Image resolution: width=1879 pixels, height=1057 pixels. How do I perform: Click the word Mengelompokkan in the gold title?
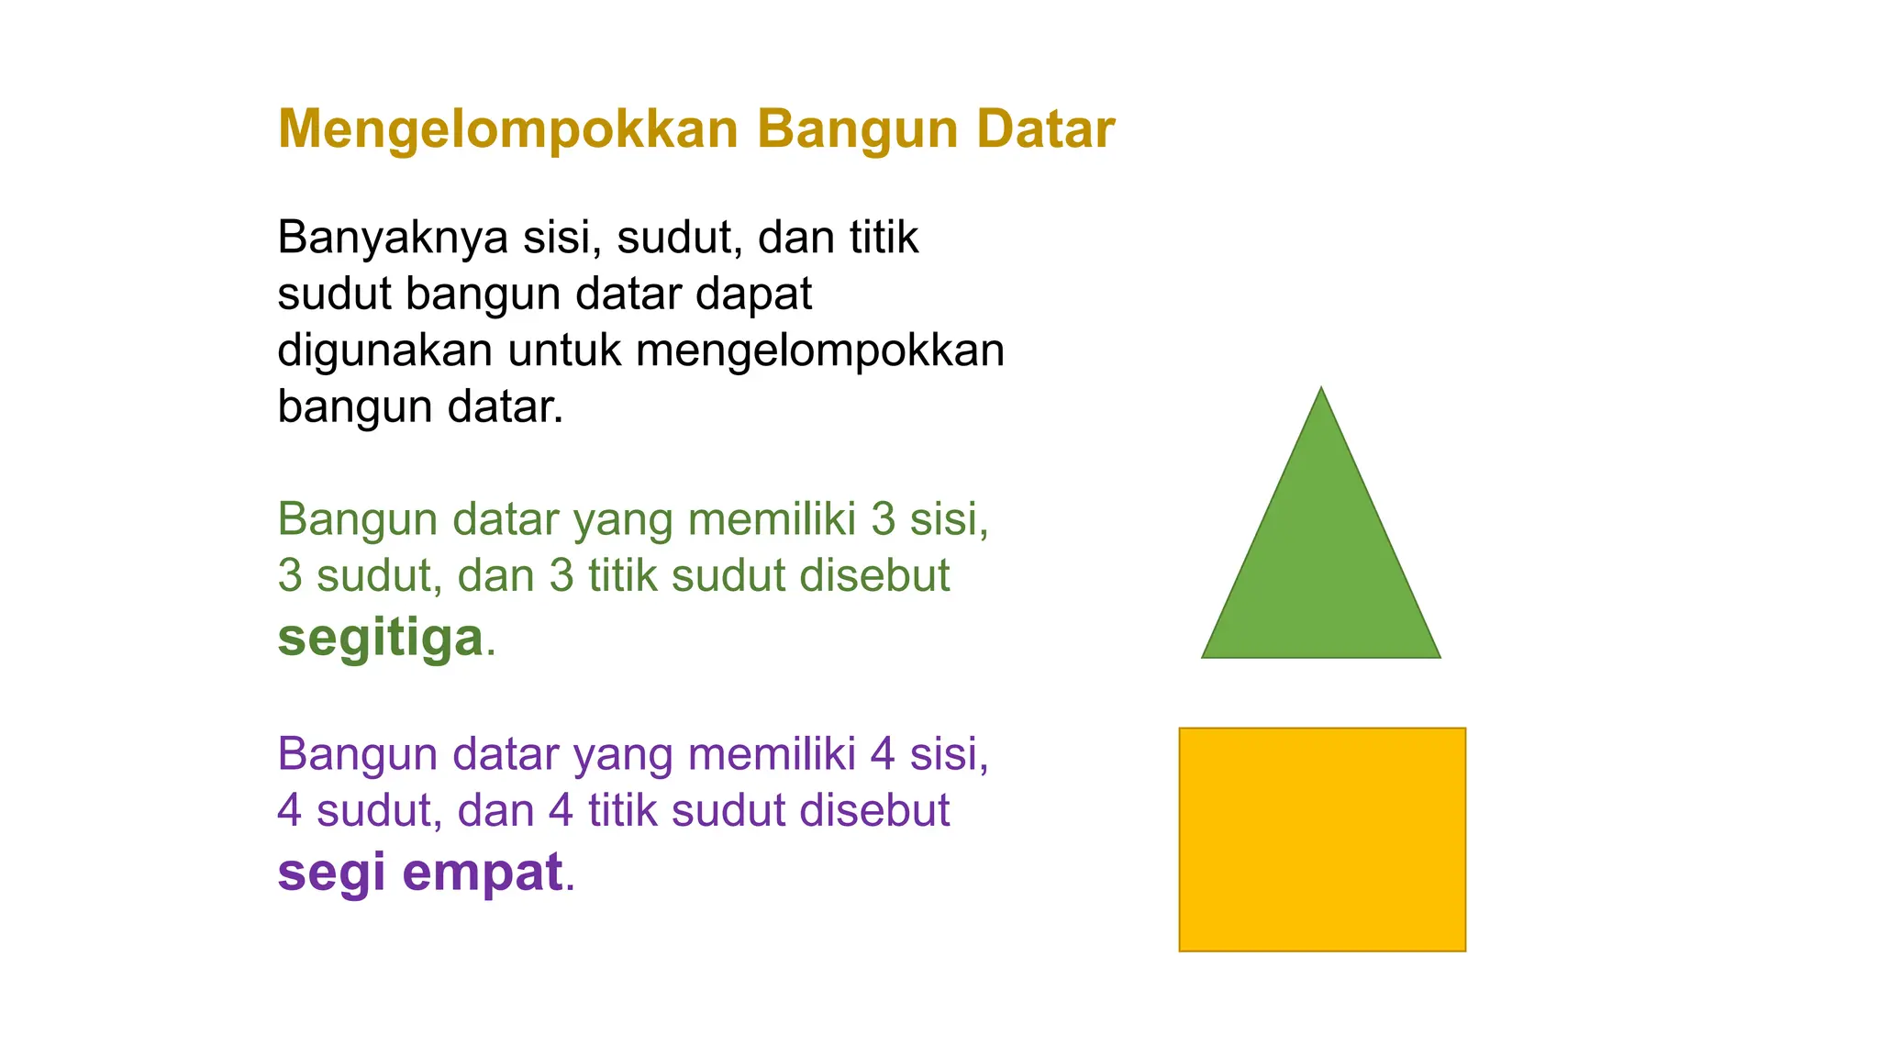507,129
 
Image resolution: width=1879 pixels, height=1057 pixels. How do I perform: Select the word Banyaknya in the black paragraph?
393,238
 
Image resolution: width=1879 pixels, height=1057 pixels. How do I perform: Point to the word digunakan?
384,350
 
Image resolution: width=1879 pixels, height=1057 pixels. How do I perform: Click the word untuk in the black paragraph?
563,350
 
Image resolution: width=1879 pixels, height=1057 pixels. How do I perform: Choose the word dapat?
753,295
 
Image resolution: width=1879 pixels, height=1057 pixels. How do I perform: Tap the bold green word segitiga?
380,637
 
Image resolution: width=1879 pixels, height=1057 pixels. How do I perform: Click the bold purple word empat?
482,872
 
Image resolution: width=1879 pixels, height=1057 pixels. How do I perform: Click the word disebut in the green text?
874,576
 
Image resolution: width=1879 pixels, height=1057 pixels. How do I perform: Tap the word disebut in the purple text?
874,811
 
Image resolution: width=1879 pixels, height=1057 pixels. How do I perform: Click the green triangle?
1321,569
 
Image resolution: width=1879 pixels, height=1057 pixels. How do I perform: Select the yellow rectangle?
1322,840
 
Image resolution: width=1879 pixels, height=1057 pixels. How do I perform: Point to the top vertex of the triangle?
1321,389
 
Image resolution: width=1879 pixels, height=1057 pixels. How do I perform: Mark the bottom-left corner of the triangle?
1204,656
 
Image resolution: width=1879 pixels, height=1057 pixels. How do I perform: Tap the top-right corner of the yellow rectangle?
1464,729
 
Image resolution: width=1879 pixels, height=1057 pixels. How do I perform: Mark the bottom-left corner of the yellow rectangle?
1181,950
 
